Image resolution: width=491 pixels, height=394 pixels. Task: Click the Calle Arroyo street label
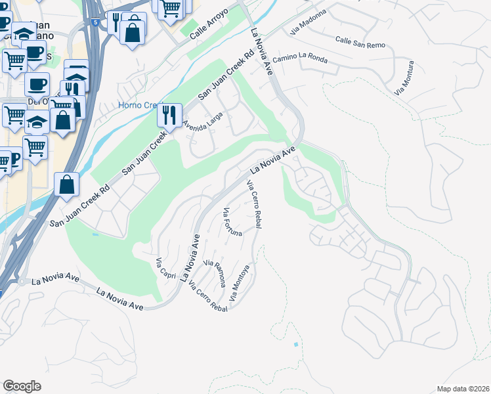209,28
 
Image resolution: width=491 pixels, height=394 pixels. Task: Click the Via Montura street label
405,78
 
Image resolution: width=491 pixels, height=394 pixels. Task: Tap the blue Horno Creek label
136,105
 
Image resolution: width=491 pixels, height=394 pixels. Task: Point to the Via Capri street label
165,269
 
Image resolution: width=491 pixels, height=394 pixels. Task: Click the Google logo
22,386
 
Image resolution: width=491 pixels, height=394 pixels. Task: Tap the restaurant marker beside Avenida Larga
170,116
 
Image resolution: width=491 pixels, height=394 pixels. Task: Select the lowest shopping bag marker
68,185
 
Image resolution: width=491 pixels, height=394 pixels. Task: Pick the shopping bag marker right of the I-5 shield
133,31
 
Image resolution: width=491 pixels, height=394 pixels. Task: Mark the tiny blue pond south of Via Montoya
296,344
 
